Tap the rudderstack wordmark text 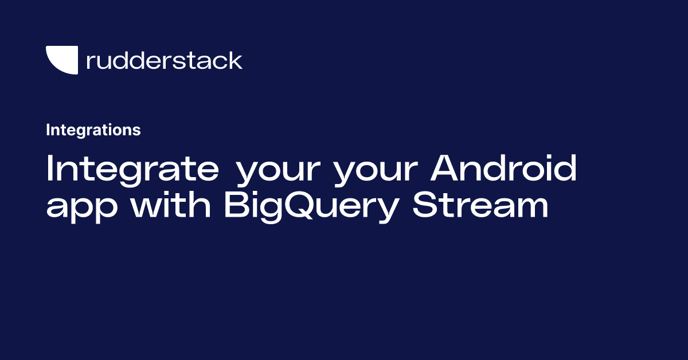click(x=165, y=61)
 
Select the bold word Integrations click(x=93, y=130)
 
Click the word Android click(x=503, y=168)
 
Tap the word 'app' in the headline click(x=81, y=208)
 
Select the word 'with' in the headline click(x=171, y=204)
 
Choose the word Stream click(x=480, y=204)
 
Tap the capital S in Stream click(x=425, y=204)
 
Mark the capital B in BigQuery click(x=236, y=204)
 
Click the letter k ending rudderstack click(x=234, y=61)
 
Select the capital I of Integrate click(x=49, y=168)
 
